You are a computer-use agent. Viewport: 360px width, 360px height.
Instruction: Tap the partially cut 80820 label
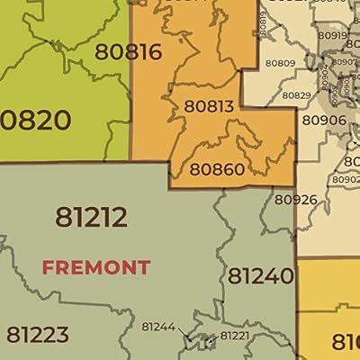[29, 119]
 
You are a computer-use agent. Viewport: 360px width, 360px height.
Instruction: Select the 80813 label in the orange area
[209, 106]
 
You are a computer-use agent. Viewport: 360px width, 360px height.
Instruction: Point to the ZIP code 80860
[217, 168]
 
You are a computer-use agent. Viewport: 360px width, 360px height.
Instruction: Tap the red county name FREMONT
[96, 267]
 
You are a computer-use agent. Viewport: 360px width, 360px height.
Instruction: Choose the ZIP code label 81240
[260, 275]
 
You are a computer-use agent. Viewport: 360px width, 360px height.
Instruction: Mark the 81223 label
[38, 335]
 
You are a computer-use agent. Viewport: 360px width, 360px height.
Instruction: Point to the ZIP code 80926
[295, 199]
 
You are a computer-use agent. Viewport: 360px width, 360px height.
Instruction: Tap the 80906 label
[323, 120]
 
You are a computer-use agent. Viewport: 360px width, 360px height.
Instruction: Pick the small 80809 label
[281, 64]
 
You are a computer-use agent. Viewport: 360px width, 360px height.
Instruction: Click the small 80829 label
[296, 95]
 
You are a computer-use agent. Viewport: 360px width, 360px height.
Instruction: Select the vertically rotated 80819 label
[263, 23]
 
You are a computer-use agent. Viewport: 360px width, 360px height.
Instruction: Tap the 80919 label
[332, 35]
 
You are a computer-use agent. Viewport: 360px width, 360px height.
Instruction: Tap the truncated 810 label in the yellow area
[346, 342]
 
